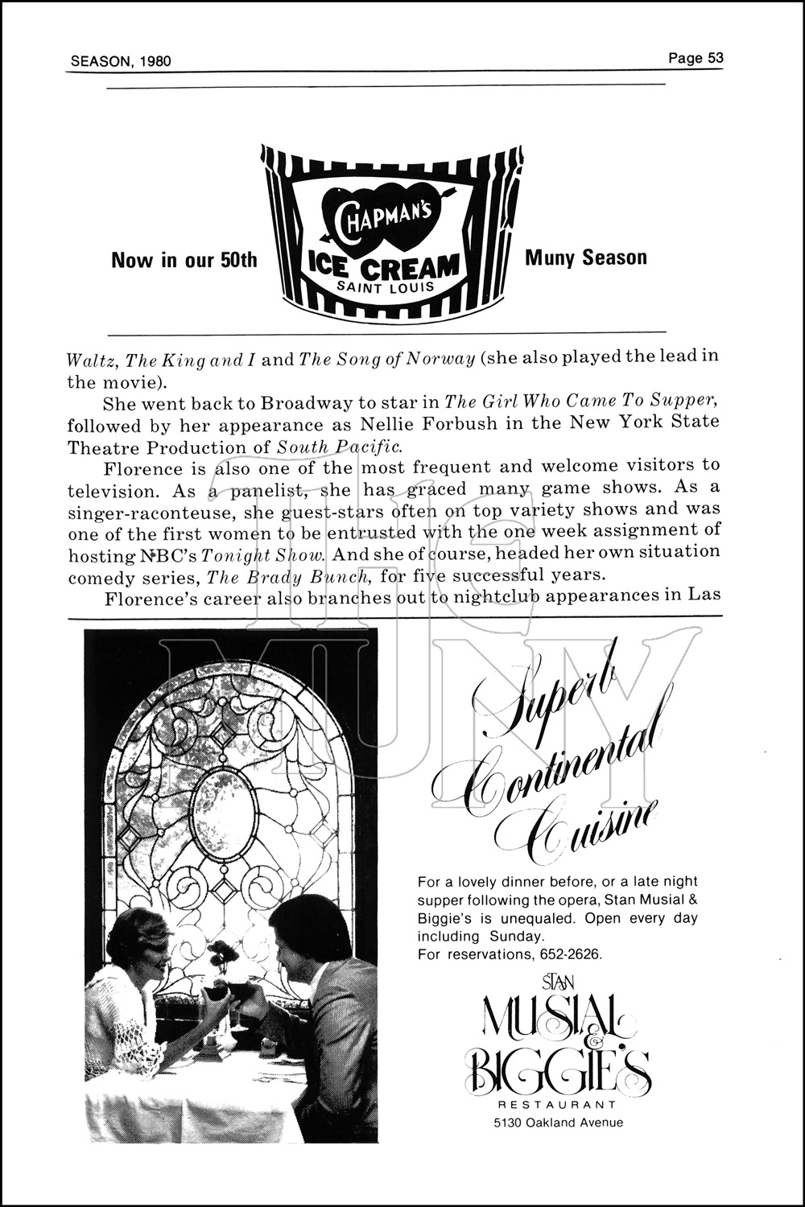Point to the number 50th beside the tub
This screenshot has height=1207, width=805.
238,261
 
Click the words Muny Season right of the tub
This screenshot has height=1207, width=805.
586,258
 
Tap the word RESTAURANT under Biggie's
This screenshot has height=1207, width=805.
557,1105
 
